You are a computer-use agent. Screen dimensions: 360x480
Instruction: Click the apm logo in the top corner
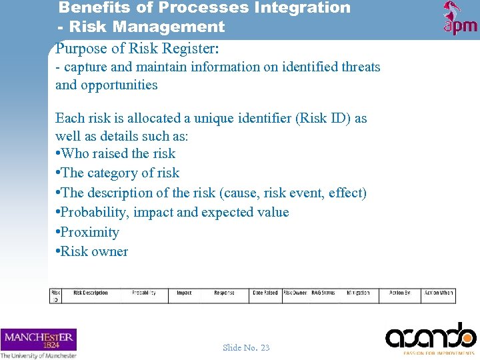(x=460, y=18)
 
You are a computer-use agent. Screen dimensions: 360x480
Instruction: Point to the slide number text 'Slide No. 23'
(x=246, y=347)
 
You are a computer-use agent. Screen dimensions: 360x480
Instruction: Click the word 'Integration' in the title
(x=306, y=8)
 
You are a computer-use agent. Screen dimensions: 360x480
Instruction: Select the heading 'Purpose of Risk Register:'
(x=138, y=48)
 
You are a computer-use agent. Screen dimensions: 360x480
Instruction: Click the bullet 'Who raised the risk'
(x=118, y=153)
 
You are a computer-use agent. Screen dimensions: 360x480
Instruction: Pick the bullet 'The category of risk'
(x=120, y=173)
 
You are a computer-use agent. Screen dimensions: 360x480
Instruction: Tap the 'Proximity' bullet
(x=89, y=232)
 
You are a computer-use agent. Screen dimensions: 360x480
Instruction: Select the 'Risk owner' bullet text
(x=94, y=251)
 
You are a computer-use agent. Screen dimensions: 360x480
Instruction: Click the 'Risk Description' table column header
(x=91, y=293)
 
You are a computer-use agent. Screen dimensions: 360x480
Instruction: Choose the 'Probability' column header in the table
(x=144, y=293)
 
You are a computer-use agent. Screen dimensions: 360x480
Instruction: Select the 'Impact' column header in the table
(x=184, y=293)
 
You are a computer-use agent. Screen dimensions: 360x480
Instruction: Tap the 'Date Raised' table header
(x=265, y=293)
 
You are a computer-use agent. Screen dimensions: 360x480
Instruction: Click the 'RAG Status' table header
(x=323, y=293)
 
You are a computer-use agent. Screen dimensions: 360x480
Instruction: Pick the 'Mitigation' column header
(x=358, y=293)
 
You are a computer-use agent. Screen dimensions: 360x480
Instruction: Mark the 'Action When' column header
(x=438, y=293)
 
